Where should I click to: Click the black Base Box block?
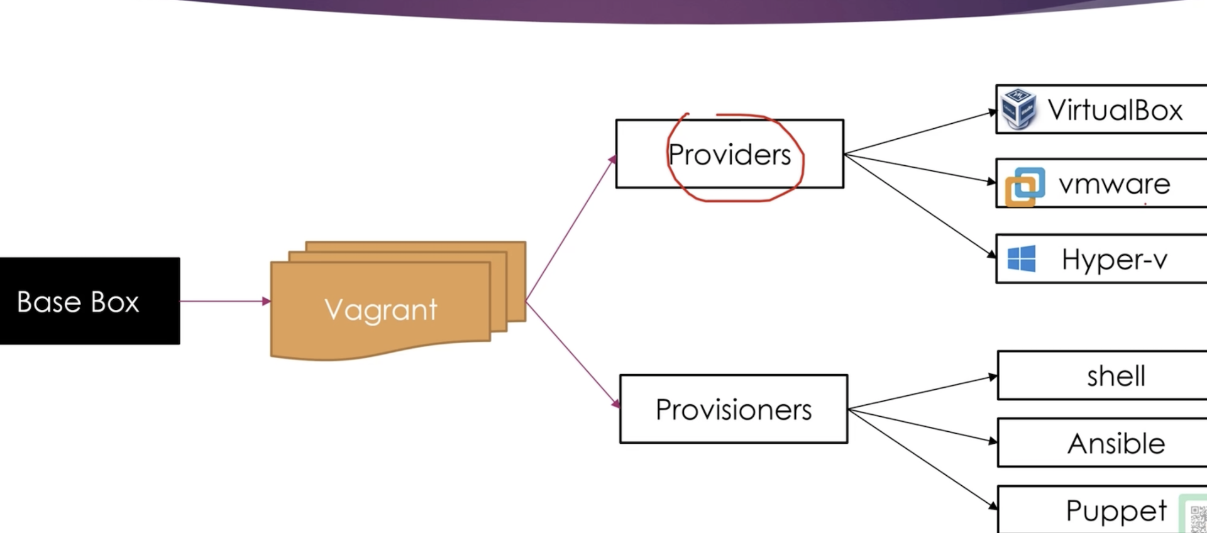pyautogui.click(x=89, y=301)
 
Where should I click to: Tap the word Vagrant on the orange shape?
pyautogui.click(x=380, y=309)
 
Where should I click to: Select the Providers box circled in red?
pyautogui.click(x=729, y=155)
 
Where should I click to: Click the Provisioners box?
pyautogui.click(x=734, y=410)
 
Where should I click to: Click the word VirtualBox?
pyautogui.click(x=1115, y=110)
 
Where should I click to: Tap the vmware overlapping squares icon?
pyautogui.click(x=1025, y=186)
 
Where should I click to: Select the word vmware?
pyautogui.click(x=1114, y=184)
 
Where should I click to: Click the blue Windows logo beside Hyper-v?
pyautogui.click(x=1022, y=259)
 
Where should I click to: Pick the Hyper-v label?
pyautogui.click(x=1114, y=260)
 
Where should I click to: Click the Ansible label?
pyautogui.click(x=1116, y=444)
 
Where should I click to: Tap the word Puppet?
pyautogui.click(x=1116, y=510)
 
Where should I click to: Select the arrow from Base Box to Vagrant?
pyautogui.click(x=224, y=301)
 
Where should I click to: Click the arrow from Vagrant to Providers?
pyautogui.click(x=570, y=229)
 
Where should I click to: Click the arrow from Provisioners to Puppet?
pyautogui.click(x=923, y=459)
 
